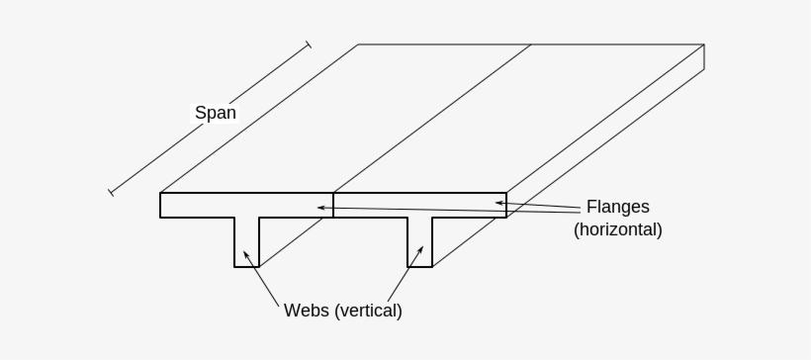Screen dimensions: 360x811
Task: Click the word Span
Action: (x=215, y=113)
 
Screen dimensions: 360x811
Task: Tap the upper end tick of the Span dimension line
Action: (x=308, y=45)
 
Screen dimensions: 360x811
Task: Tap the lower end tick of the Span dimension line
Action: (x=111, y=191)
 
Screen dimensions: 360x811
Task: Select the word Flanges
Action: (x=617, y=207)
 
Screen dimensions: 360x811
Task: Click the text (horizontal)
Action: (x=617, y=229)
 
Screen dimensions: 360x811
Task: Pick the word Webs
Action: (x=307, y=311)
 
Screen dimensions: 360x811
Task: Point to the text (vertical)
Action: (x=369, y=311)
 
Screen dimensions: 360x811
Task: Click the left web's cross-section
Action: (x=246, y=241)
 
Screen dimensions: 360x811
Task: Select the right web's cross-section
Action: (x=420, y=241)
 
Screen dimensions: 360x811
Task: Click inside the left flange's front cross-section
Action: (x=247, y=205)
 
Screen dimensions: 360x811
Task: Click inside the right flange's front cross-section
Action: (x=420, y=205)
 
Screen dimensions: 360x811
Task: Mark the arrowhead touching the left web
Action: (x=246, y=254)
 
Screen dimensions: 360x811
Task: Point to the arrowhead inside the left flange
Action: (x=319, y=207)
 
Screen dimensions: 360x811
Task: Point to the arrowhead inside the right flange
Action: (x=499, y=203)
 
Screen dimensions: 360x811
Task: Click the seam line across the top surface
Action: (x=432, y=118)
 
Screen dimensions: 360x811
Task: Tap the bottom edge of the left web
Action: (x=246, y=267)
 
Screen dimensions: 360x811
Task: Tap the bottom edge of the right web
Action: (x=420, y=267)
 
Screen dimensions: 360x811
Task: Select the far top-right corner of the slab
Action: (x=704, y=45)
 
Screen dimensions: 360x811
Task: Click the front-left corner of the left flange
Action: (x=160, y=193)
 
